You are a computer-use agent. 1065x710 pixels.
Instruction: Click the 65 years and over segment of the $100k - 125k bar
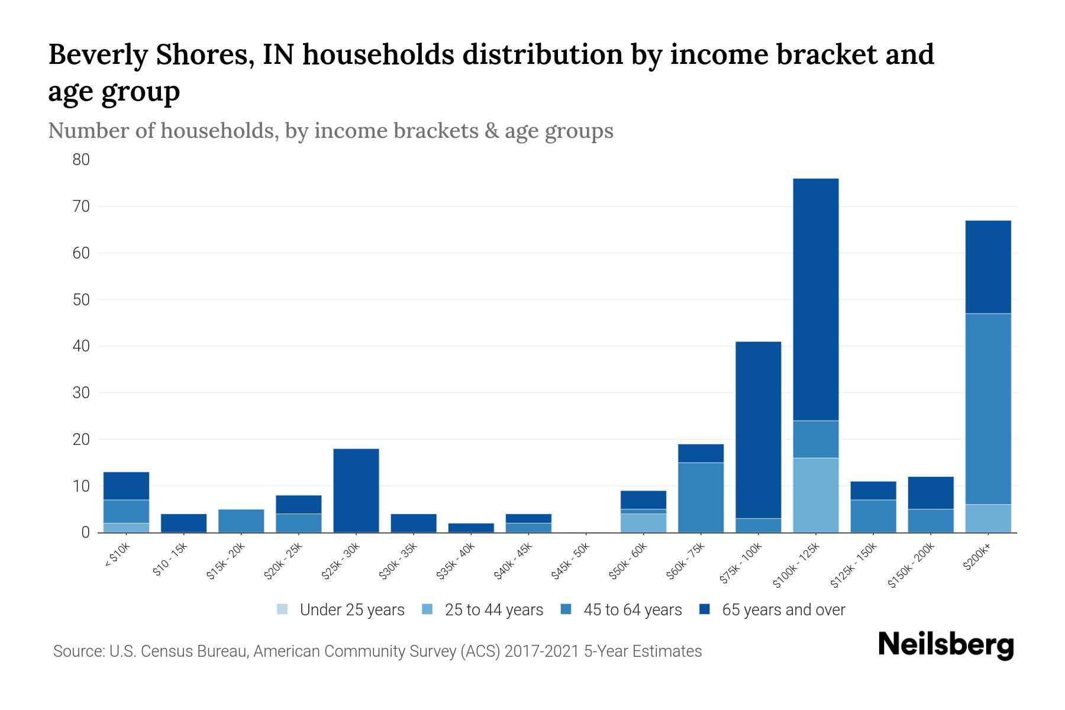(815, 299)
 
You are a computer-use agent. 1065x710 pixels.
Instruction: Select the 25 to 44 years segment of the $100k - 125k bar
(815, 495)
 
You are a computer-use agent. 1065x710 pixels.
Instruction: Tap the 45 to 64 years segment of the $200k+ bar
(987, 408)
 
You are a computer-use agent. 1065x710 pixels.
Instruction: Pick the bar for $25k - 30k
(356, 490)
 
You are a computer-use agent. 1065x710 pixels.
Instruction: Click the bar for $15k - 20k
(241, 521)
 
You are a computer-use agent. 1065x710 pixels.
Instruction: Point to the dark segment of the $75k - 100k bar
(758, 430)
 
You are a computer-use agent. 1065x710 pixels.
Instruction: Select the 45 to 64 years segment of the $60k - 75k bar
(701, 497)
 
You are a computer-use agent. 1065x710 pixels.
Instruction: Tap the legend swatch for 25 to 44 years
(428, 609)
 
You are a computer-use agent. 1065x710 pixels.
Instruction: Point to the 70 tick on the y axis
(82, 206)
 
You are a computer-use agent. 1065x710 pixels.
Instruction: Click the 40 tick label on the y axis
(82, 346)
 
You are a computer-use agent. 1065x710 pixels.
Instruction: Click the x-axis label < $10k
(117, 556)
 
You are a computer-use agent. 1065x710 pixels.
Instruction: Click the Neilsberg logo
(945, 646)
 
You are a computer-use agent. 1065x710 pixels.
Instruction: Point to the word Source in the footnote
(77, 651)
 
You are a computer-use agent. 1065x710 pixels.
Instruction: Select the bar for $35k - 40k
(471, 528)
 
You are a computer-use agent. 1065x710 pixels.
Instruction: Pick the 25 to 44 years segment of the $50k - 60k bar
(643, 523)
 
